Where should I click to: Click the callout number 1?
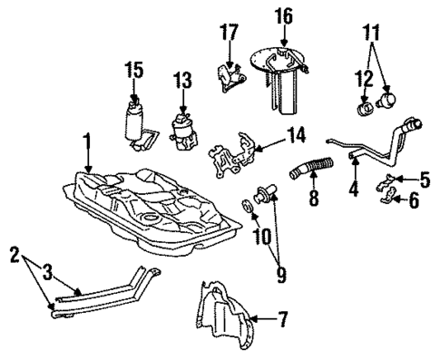[86, 142]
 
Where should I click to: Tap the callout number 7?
[283, 318]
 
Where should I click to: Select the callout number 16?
[284, 15]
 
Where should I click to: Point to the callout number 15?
[133, 69]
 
